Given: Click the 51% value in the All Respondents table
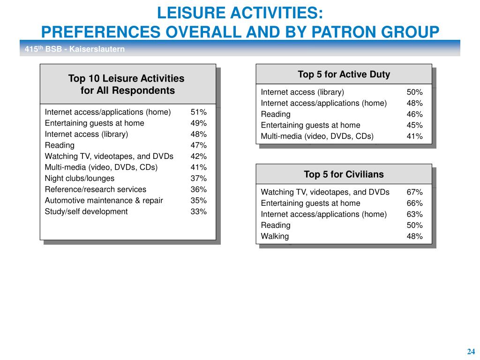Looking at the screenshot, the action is [x=198, y=112].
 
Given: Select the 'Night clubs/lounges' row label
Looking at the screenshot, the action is [x=80, y=179].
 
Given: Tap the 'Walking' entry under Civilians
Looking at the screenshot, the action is [x=275, y=236].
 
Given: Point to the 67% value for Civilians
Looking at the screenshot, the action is [x=414, y=192].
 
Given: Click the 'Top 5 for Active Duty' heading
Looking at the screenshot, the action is [x=344, y=75].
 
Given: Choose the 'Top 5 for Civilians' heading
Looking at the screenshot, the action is [x=344, y=174].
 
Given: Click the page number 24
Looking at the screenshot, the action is [x=471, y=352].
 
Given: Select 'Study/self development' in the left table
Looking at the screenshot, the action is [x=86, y=211].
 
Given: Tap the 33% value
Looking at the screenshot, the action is [x=198, y=211].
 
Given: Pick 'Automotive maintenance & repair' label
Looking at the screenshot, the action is [x=104, y=201].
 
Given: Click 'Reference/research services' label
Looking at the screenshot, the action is [x=96, y=189].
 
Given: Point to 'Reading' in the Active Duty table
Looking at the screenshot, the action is [x=276, y=114].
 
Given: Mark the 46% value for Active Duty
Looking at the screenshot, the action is [x=414, y=114].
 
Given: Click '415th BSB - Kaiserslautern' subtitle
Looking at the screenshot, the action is [x=75, y=49].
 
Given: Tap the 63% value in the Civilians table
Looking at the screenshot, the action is [x=414, y=214].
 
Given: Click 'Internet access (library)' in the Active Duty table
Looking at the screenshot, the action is [x=302, y=92].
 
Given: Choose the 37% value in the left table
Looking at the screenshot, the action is [x=198, y=179].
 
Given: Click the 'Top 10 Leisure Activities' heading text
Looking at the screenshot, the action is [x=126, y=79].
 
